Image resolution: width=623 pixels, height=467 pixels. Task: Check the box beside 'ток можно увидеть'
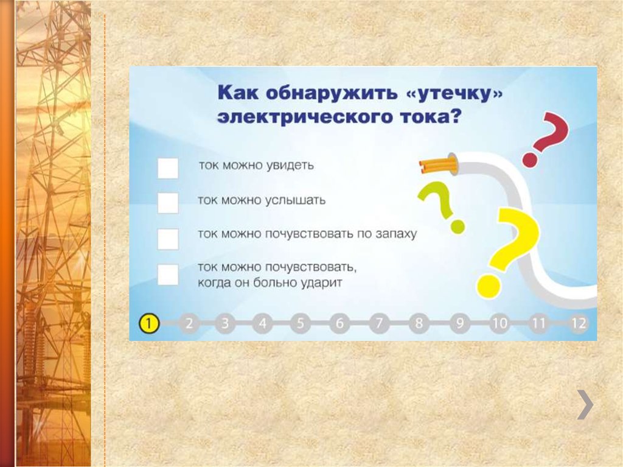click(x=168, y=168)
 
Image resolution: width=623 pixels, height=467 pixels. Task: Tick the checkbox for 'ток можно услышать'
click(x=168, y=203)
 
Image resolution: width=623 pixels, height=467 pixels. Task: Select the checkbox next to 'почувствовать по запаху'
click(x=168, y=239)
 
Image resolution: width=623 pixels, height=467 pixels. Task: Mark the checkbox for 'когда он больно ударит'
click(x=168, y=275)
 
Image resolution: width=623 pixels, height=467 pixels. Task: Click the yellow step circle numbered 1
click(x=149, y=323)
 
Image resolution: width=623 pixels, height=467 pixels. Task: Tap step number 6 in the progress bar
click(x=339, y=323)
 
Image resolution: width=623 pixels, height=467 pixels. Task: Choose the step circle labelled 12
click(x=579, y=323)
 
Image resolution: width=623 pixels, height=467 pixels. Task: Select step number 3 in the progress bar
click(x=224, y=323)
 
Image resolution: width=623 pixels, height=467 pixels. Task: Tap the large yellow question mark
click(x=510, y=250)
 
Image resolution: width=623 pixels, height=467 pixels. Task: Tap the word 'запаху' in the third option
click(x=395, y=234)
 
